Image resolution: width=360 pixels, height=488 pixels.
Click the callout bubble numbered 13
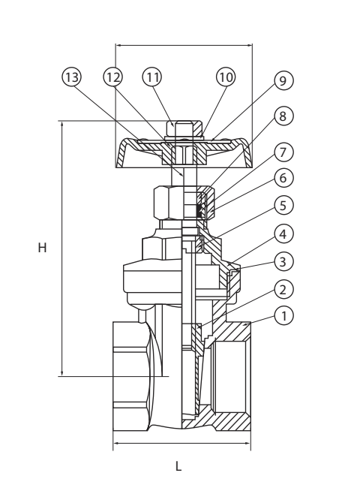(x=72, y=77)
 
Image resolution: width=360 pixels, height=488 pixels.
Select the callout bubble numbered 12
(x=112, y=77)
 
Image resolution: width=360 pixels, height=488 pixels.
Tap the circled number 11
(x=152, y=77)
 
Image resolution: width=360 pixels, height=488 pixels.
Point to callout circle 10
(x=226, y=77)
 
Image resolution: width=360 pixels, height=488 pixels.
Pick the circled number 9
(x=283, y=80)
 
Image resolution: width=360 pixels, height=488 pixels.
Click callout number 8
(x=283, y=116)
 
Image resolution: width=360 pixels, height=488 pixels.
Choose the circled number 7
(x=283, y=152)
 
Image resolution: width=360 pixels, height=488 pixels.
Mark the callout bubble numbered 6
(x=283, y=178)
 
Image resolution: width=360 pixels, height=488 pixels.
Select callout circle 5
(x=283, y=206)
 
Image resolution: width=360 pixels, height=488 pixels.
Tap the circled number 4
(x=283, y=233)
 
